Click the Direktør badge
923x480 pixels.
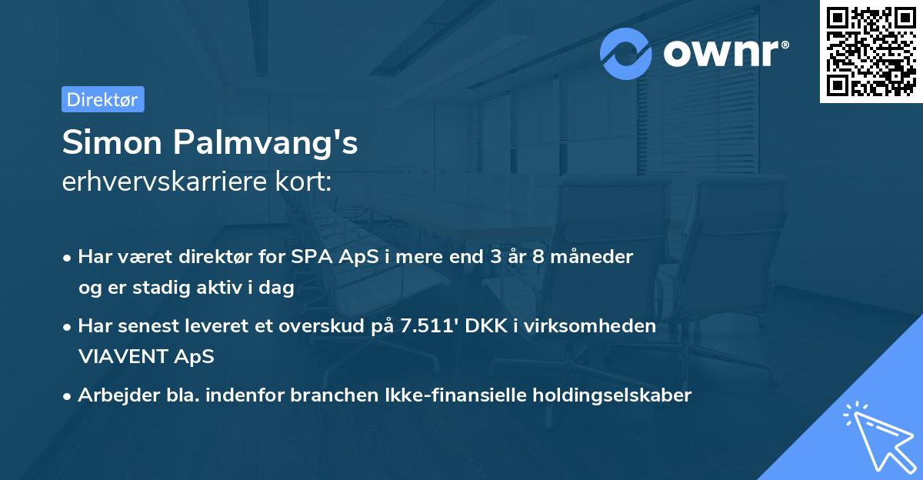pyautogui.click(x=102, y=99)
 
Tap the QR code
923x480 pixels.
pyautogui.click(x=871, y=52)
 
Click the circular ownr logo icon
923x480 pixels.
pyautogui.click(x=626, y=53)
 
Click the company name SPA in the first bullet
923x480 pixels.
pyautogui.click(x=311, y=257)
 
